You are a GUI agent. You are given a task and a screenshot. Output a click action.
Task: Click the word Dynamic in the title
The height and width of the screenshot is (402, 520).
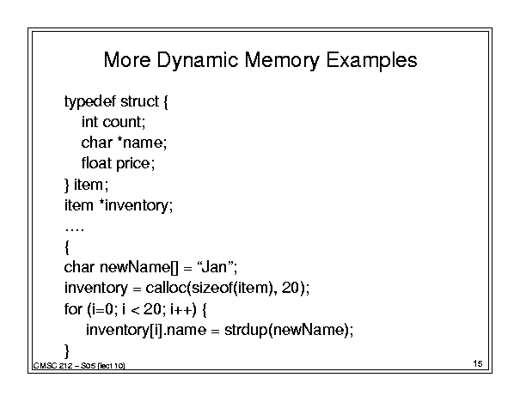[x=197, y=61]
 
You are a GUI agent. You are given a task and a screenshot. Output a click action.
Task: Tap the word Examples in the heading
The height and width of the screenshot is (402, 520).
[x=371, y=61]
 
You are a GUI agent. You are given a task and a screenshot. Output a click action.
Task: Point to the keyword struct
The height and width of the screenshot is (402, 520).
[x=139, y=101]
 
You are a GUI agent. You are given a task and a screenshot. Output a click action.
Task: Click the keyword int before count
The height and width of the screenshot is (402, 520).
[x=89, y=122]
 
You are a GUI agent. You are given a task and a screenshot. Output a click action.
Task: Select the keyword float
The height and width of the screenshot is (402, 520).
[x=96, y=162]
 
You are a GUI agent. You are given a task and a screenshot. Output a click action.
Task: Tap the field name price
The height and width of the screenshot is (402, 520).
[x=133, y=164]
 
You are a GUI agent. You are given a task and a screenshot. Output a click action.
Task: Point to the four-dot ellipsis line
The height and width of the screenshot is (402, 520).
[x=74, y=229]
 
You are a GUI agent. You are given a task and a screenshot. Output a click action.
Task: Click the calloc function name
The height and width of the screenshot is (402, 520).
[x=167, y=288]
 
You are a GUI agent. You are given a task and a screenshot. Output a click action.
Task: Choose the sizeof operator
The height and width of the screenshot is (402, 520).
[x=212, y=288]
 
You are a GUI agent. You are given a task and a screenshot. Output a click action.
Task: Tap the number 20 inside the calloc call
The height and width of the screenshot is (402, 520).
[x=291, y=288]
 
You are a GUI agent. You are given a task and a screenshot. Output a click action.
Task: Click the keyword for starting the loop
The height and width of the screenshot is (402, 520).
[x=73, y=309]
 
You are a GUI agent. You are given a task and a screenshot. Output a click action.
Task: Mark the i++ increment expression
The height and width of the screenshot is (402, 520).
[x=181, y=309]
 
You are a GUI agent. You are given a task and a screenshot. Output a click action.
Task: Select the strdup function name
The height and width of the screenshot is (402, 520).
[x=246, y=330]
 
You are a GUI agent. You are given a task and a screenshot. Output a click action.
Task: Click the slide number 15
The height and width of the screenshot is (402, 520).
[x=478, y=363]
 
